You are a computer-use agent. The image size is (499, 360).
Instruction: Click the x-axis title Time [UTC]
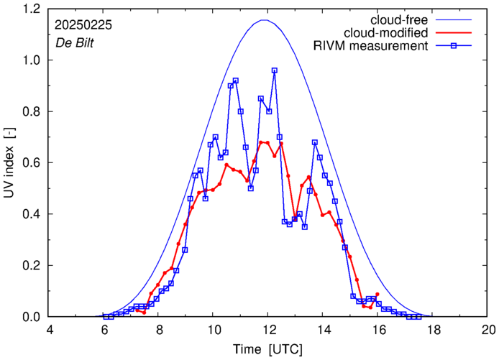coord(269,349)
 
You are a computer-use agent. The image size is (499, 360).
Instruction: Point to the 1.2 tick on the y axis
coord(32,9)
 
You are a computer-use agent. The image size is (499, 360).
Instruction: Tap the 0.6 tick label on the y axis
coord(32,163)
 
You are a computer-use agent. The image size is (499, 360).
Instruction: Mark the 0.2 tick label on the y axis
coord(32,265)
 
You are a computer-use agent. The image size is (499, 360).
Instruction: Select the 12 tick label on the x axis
coord(269,331)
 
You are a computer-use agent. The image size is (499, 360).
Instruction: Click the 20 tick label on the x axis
coord(488,331)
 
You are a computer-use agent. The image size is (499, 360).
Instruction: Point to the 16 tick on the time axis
coord(378,331)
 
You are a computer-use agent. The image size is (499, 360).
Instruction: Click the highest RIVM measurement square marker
coord(275,70)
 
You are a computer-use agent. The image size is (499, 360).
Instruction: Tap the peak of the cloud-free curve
coord(264,20)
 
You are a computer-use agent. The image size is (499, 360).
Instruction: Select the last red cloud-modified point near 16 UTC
coord(377,294)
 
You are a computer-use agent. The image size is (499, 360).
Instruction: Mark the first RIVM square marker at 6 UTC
coord(106,316)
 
